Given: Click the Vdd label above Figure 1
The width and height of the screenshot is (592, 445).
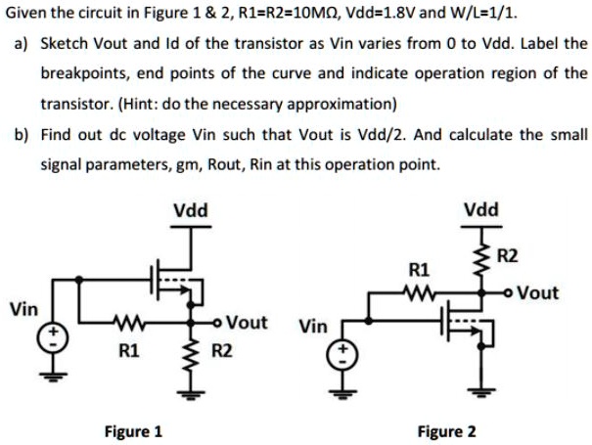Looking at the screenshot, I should click(189, 209).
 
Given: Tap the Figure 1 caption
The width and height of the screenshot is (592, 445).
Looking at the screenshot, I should click(134, 430).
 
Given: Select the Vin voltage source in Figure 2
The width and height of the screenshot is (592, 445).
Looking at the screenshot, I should click(342, 351).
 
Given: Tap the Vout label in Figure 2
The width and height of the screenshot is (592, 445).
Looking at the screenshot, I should click(537, 291).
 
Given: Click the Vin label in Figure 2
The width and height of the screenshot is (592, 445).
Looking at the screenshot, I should click(313, 325).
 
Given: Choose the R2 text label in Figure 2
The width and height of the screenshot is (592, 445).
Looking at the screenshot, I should click(508, 257).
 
